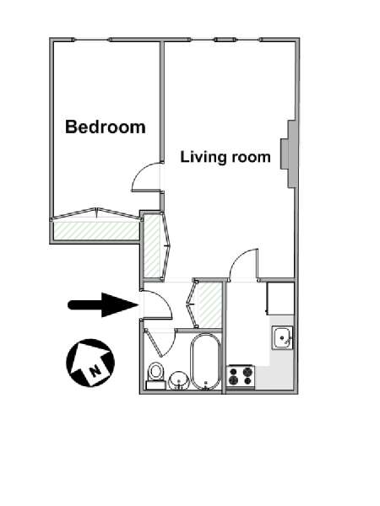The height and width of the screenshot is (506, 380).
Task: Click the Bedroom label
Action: coord(106,126)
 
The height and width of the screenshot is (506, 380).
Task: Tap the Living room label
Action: coord(225,157)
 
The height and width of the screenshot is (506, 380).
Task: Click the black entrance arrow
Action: coord(103,305)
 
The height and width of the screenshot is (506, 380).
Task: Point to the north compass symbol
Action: coord(90,363)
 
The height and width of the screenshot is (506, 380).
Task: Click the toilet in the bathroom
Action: coord(155,375)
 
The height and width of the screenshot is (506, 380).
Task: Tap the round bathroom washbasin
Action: coord(179,381)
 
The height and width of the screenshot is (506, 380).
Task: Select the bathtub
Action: coord(205,362)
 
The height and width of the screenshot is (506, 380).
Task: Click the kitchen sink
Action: coord(282,338)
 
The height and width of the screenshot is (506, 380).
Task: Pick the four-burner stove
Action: coord(241,376)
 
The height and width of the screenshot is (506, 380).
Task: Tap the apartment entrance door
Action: coord(157,305)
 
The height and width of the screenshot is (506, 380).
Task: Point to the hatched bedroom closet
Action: coord(96,230)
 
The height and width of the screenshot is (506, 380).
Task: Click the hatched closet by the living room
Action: coord(151,246)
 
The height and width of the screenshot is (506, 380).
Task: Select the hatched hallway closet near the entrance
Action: coord(209,304)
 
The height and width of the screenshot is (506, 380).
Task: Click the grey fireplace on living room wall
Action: coord(289,154)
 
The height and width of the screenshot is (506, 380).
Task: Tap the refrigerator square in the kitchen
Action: coord(280,299)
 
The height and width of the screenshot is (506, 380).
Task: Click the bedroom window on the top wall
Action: coord(92,40)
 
